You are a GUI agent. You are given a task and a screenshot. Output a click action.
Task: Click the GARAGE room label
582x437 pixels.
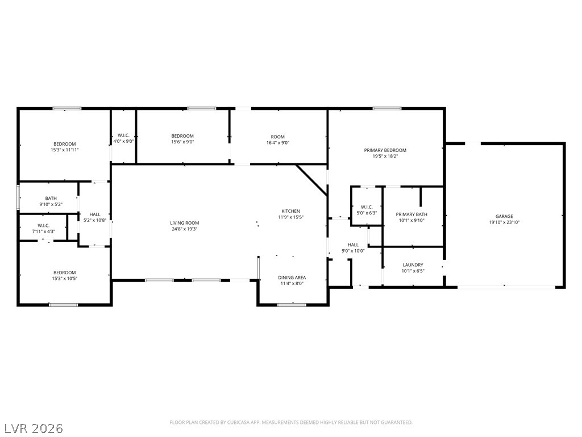(x=504, y=216)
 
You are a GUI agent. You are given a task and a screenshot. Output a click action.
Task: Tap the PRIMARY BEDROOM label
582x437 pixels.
(x=385, y=150)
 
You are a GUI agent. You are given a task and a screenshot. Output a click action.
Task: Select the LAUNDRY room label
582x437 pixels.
(x=413, y=265)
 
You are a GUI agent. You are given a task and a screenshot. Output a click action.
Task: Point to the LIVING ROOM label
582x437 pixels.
(x=185, y=223)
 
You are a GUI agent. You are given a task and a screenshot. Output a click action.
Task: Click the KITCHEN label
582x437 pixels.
(x=290, y=211)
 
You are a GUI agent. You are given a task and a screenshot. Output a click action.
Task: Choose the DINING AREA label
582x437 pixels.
(x=292, y=278)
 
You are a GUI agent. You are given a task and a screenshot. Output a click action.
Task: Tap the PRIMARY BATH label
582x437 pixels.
(x=411, y=215)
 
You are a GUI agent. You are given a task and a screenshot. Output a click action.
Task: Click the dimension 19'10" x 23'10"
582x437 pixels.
(x=504, y=222)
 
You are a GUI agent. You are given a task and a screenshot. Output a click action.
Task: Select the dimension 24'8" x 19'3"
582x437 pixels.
(x=185, y=229)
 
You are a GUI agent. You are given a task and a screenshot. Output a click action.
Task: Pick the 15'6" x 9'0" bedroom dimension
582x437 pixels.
(x=182, y=142)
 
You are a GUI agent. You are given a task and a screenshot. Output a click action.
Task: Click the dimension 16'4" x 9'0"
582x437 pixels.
(x=277, y=143)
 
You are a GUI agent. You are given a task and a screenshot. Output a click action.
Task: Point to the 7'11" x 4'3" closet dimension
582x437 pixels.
(x=43, y=232)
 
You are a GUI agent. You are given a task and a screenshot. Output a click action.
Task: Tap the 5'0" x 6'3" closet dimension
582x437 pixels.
(x=367, y=213)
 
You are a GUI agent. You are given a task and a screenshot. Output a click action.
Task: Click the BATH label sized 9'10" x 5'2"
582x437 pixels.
(x=51, y=199)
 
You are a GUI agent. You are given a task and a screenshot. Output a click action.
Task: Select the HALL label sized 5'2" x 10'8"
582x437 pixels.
(x=95, y=215)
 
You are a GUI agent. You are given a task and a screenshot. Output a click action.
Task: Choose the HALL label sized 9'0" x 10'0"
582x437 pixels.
(x=353, y=245)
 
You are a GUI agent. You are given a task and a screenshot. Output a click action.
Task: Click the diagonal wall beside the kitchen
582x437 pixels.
(x=312, y=180)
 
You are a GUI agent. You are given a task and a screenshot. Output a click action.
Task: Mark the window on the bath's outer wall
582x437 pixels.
(x=18, y=197)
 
